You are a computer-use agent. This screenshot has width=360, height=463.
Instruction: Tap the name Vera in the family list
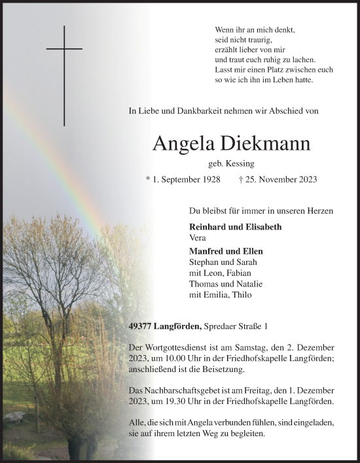click(196, 239)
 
